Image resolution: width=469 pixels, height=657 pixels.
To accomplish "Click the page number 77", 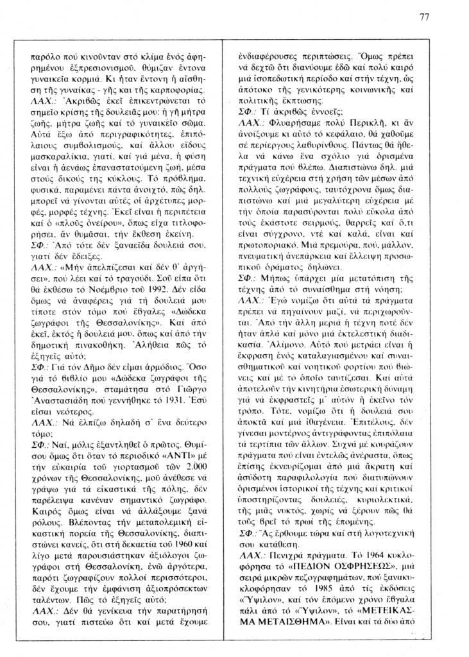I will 424,17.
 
